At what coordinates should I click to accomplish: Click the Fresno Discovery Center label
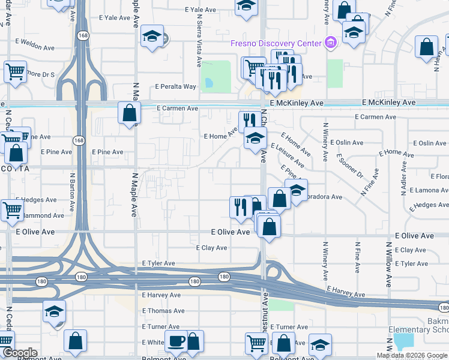click(x=276, y=43)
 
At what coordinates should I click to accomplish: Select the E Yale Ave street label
click(x=200, y=10)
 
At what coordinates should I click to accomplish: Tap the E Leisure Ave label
click(x=288, y=154)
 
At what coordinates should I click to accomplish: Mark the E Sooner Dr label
click(x=350, y=167)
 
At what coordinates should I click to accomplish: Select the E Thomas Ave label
click(x=163, y=311)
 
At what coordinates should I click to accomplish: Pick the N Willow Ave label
click(x=389, y=260)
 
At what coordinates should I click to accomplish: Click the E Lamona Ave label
click(x=429, y=190)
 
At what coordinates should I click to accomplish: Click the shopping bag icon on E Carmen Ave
click(x=129, y=112)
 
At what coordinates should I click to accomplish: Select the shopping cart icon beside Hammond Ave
click(x=13, y=209)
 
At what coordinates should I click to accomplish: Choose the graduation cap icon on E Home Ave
click(x=255, y=139)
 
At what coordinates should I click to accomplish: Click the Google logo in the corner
click(x=20, y=353)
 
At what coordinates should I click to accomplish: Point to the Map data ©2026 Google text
click(x=412, y=355)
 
